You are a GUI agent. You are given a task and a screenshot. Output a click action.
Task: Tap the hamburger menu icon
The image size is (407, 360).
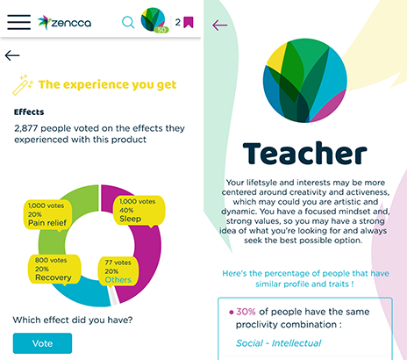[19, 22]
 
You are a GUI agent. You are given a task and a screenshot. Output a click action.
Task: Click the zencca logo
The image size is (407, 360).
[64, 23]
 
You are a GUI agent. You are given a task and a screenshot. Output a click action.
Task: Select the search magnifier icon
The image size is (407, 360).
[128, 22]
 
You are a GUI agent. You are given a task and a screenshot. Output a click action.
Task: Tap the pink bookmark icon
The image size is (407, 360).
[189, 22]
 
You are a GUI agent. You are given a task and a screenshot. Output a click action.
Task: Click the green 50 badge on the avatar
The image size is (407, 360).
[161, 30]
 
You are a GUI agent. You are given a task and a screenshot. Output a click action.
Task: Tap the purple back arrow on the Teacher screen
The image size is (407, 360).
[219, 25]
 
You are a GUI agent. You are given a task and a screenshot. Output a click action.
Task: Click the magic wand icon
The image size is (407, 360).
[23, 85]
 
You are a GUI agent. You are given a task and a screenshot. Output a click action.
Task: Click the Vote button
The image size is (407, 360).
[42, 343]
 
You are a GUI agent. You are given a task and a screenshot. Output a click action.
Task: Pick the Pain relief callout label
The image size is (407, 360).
[47, 215]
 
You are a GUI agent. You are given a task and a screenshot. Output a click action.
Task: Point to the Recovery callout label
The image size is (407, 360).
[54, 270]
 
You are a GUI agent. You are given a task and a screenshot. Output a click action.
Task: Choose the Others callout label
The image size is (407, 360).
[118, 271]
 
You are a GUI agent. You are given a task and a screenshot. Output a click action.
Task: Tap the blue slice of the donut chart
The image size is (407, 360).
[85, 292]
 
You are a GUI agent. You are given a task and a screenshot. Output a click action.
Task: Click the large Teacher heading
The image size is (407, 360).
[305, 153]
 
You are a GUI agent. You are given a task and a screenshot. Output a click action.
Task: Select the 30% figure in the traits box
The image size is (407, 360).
[246, 312]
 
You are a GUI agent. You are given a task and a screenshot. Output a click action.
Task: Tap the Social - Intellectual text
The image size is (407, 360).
[278, 343]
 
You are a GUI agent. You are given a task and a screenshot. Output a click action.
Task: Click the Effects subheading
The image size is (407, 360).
[29, 112]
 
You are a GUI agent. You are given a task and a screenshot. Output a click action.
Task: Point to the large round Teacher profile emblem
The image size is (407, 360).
[304, 80]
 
